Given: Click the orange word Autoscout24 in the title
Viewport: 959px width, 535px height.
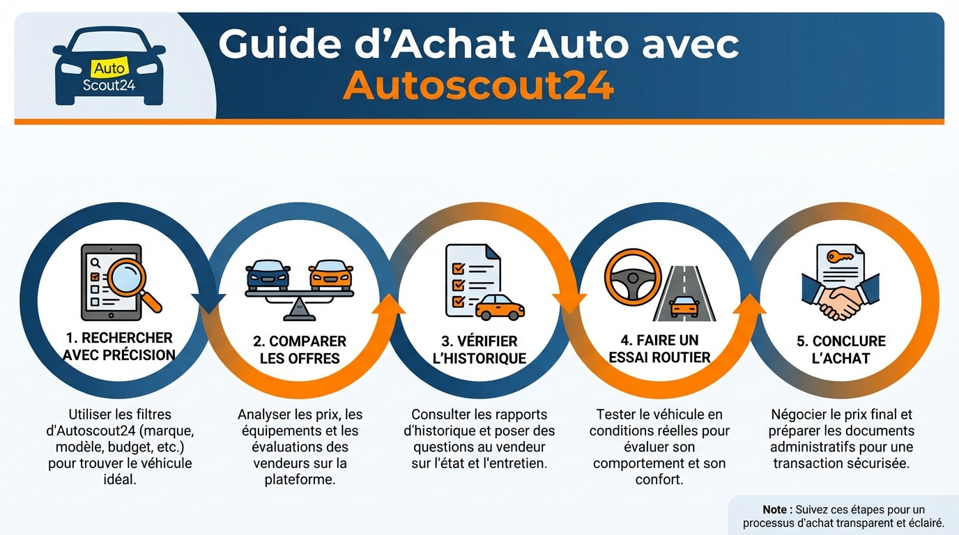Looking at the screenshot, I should pyautogui.click(x=478, y=85).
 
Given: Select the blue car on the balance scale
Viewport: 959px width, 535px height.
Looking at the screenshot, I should pyautogui.click(x=268, y=274).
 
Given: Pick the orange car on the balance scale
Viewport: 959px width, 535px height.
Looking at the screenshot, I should pyautogui.click(x=330, y=274).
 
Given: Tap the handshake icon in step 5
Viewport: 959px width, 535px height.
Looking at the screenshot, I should pyautogui.click(x=840, y=301).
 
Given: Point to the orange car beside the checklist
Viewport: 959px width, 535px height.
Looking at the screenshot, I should pyautogui.click(x=499, y=307).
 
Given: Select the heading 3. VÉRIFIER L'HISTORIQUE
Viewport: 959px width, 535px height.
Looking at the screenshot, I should pyautogui.click(x=479, y=350).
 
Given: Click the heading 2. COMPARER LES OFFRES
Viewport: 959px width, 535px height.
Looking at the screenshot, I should pyautogui.click(x=300, y=350).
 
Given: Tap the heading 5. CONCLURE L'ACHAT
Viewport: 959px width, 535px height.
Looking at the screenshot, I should pyautogui.click(x=841, y=350).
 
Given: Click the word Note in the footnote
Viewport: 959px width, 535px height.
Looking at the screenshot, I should pyautogui.click(x=776, y=510).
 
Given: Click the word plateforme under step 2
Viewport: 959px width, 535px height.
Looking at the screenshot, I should pyautogui.click(x=300, y=479).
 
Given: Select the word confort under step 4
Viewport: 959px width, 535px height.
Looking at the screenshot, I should pyautogui.click(x=659, y=479).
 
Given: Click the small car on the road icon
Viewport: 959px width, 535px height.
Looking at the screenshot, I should pyautogui.click(x=684, y=306).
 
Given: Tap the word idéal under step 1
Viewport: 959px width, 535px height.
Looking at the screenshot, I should pyautogui.click(x=120, y=479).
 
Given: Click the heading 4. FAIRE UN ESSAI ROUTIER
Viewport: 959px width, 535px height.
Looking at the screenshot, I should pyautogui.click(x=659, y=349).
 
